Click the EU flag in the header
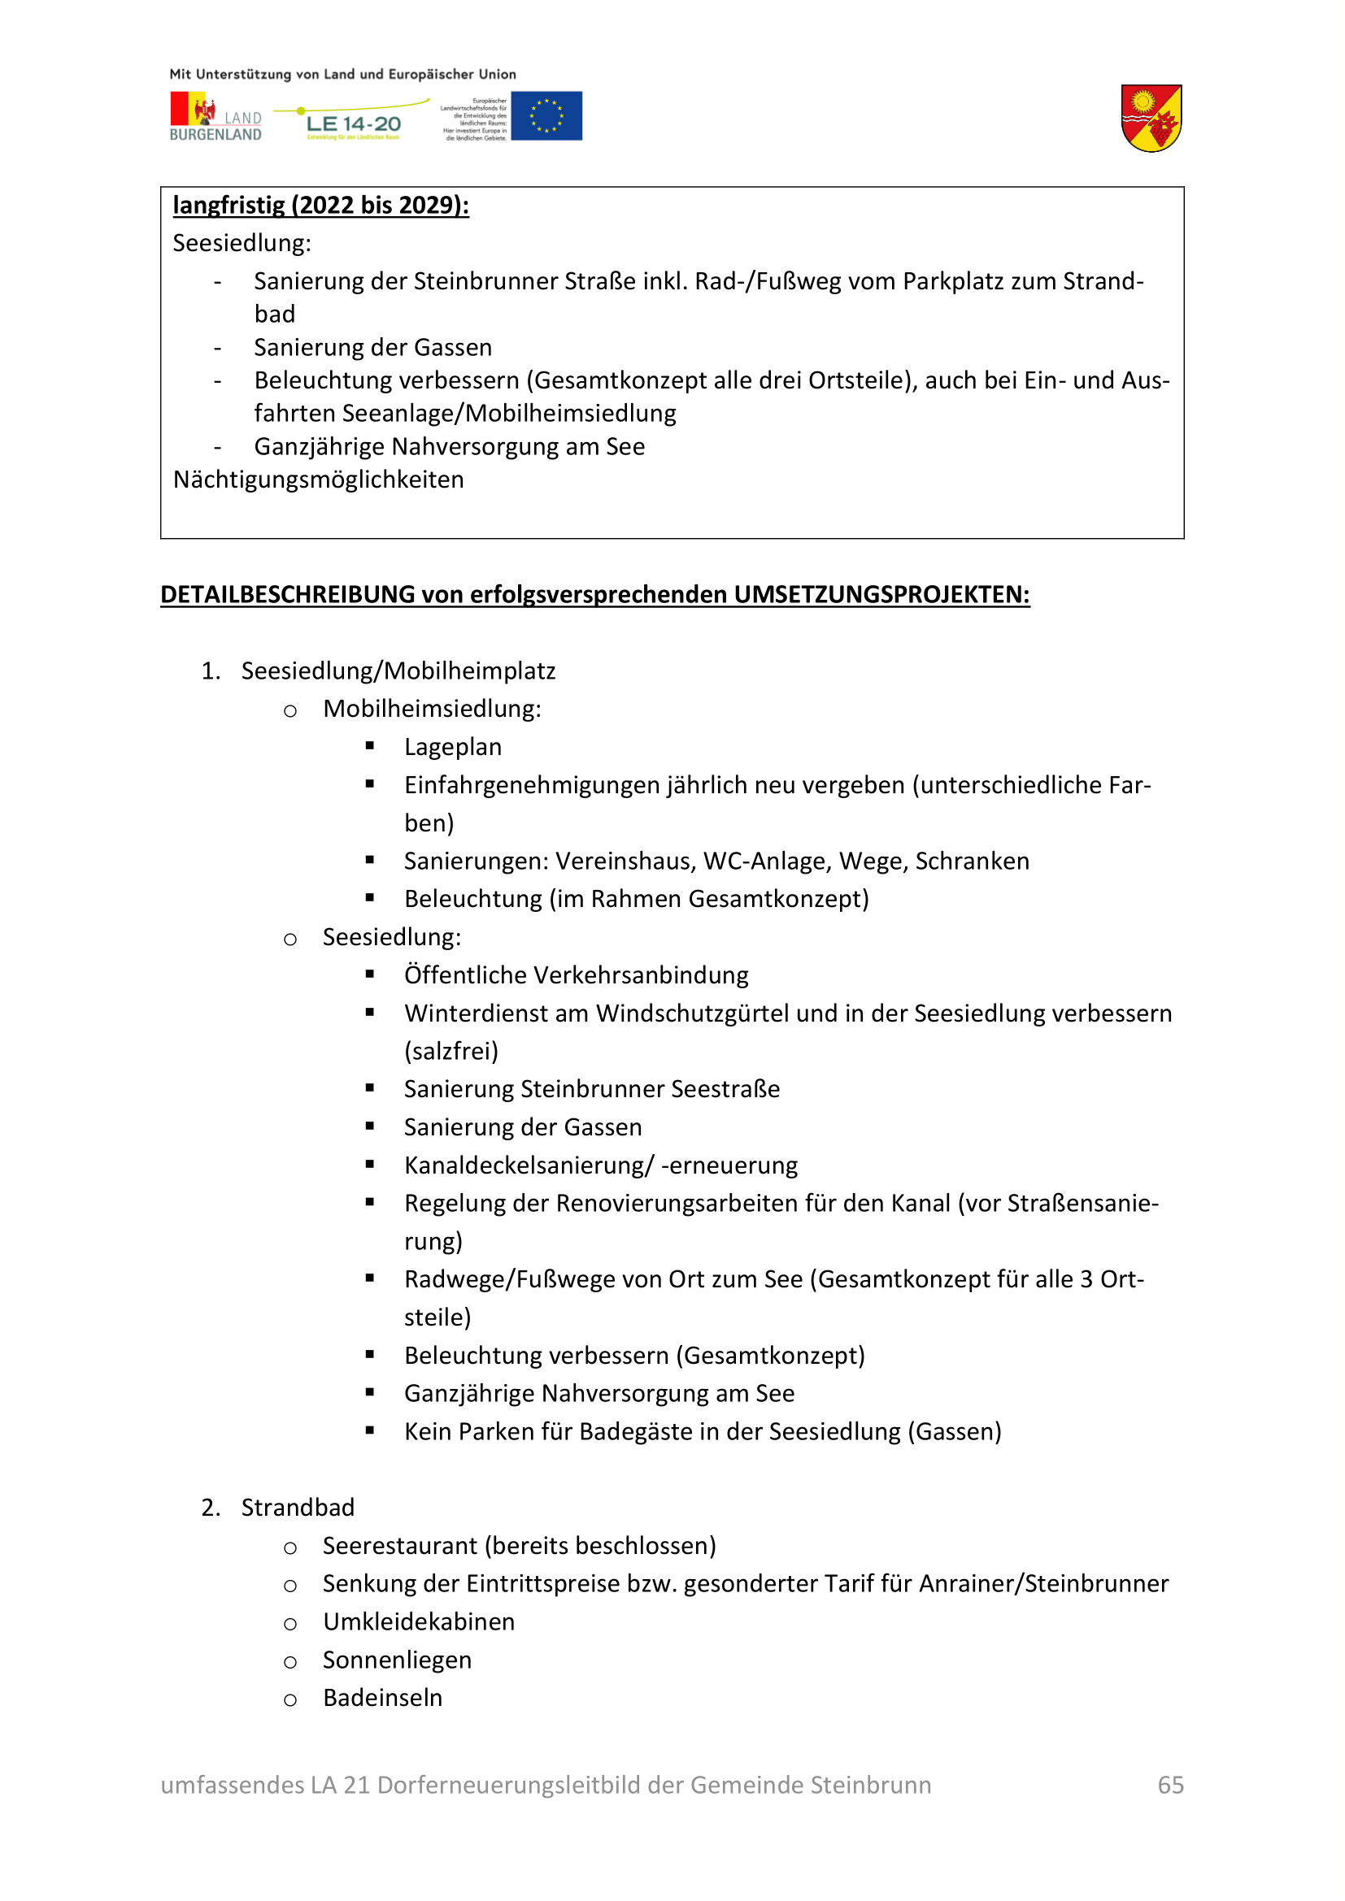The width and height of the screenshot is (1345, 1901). [x=546, y=116]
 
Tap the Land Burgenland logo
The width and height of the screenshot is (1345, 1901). [x=215, y=117]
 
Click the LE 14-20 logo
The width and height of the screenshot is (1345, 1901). [x=353, y=122]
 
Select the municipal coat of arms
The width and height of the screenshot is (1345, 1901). [x=1151, y=119]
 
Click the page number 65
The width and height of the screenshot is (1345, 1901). [x=1170, y=1784]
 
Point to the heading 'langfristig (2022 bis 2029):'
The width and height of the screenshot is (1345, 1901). [x=320, y=206]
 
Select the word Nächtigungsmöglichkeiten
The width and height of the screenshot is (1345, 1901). [x=318, y=480]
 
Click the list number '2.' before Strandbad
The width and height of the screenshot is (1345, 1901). [x=211, y=1507]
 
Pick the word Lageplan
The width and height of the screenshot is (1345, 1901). [x=452, y=747]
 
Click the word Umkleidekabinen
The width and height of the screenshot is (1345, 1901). [x=418, y=1621]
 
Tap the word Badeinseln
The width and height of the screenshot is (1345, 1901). [x=383, y=1697]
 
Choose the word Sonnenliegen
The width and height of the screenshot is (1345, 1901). [x=397, y=1660]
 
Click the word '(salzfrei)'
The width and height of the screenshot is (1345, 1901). [x=451, y=1051]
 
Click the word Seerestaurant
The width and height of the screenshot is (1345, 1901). [x=400, y=1545]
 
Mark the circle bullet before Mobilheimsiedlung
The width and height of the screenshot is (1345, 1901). [x=289, y=710]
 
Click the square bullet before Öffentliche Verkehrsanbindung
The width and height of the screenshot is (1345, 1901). [x=370, y=974]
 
